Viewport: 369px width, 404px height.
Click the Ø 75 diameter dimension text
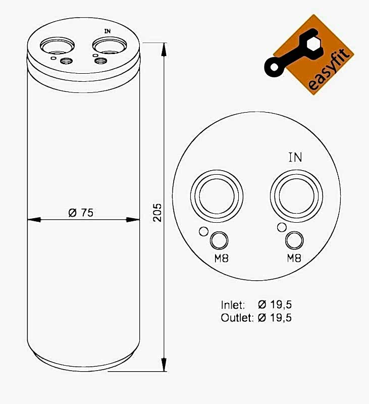[x=81, y=213]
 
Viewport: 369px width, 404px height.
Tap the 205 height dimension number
[x=157, y=213]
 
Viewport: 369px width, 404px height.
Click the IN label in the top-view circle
[x=295, y=158]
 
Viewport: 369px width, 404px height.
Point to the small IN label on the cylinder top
[x=108, y=31]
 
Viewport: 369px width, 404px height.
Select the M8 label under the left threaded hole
[x=222, y=258]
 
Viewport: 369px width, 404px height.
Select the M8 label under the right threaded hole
[x=294, y=258]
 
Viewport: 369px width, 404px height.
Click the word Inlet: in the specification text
[x=233, y=305]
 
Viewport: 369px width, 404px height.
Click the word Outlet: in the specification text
[x=237, y=318]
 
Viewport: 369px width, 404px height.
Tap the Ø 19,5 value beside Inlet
[x=275, y=305]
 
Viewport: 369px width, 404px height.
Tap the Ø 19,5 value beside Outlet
[x=275, y=318]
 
